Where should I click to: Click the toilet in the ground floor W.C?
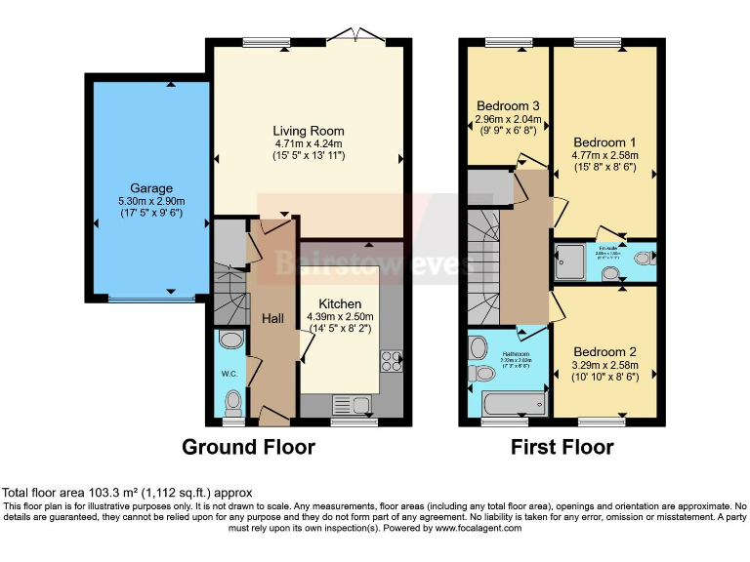point(232,401)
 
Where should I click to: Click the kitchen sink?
point(351,404)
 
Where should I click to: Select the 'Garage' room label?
point(151,188)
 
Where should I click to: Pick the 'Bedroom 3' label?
point(508,106)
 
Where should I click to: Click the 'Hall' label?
point(273,318)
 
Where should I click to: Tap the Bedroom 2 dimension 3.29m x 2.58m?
point(604,368)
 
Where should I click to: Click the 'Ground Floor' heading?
point(249,448)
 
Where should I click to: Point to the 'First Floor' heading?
point(562,448)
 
